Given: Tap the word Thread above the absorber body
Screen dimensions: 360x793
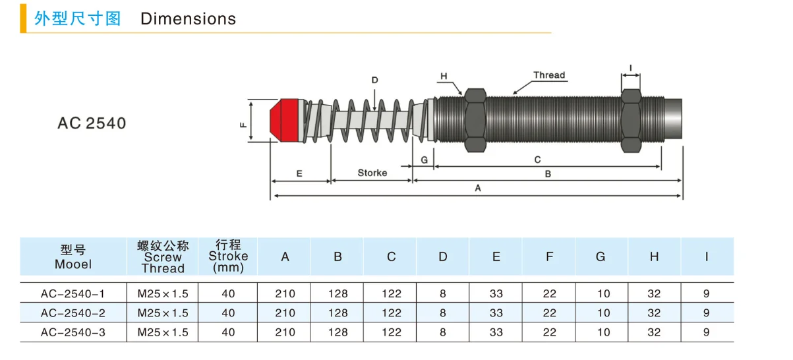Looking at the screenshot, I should click(x=549, y=75).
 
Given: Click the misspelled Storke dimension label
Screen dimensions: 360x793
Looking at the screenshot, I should click(x=372, y=173).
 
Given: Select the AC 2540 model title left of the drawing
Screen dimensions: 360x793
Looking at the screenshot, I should click(x=92, y=123).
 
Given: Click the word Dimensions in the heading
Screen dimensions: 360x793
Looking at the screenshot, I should click(x=188, y=18).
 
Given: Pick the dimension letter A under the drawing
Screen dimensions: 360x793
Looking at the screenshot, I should click(x=478, y=188).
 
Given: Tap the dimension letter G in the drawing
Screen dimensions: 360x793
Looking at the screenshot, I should click(x=425, y=160).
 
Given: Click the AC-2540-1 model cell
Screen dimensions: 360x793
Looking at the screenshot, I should click(x=73, y=293).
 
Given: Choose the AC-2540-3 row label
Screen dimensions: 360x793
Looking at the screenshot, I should click(x=73, y=332).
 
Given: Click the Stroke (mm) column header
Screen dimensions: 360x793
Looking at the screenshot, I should click(x=228, y=256).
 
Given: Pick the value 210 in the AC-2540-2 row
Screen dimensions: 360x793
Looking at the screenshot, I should click(x=285, y=313).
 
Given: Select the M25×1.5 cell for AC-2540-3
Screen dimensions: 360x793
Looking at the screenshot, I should click(x=163, y=332).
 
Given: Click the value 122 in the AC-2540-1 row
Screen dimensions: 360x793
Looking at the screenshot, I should click(x=391, y=293).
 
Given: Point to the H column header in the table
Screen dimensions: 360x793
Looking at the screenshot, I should click(x=654, y=257).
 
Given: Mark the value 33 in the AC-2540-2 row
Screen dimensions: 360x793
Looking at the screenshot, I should click(x=496, y=313).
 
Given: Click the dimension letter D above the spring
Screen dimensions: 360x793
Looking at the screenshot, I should click(x=374, y=80).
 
